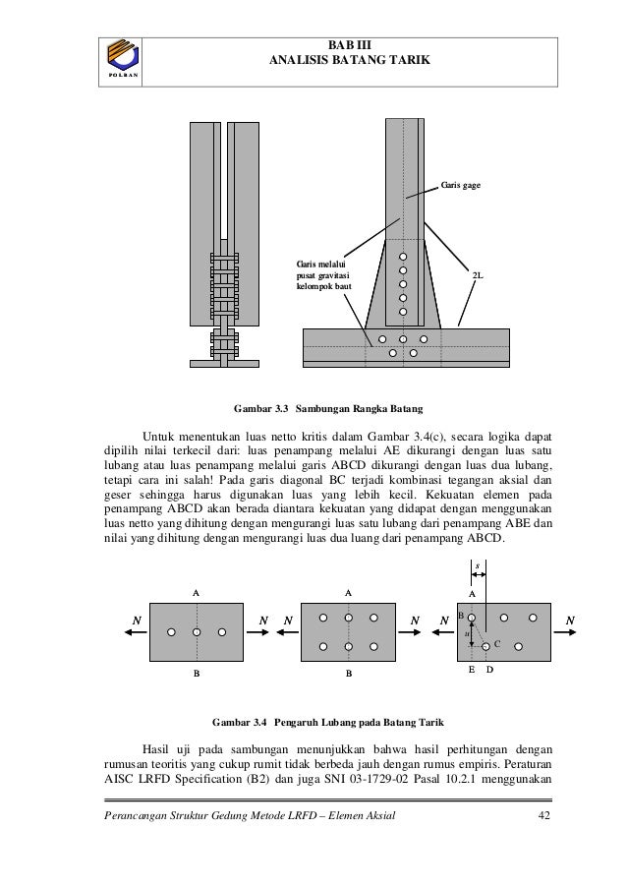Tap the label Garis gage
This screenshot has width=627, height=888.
pyautogui.click(x=460, y=185)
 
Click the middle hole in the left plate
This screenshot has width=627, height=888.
pyautogui.click(x=197, y=631)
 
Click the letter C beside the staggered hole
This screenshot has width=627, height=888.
pyautogui.click(x=497, y=642)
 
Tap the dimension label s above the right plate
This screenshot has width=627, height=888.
pyautogui.click(x=478, y=566)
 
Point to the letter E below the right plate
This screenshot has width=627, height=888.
pyautogui.click(x=472, y=669)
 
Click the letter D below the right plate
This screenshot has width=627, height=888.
pyautogui.click(x=488, y=669)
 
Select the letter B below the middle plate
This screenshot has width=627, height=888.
pyautogui.click(x=348, y=676)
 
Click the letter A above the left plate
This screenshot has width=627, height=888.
pyautogui.click(x=197, y=593)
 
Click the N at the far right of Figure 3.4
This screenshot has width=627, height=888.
pyautogui.click(x=571, y=620)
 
